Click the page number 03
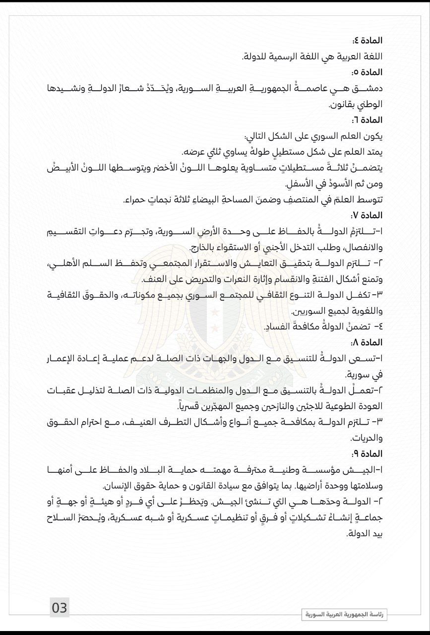point(60,608)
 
